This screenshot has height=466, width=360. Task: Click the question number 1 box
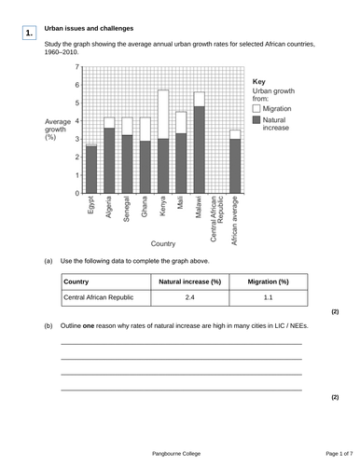30,34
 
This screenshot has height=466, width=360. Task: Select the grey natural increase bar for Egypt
91,170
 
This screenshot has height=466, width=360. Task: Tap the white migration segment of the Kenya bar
163,115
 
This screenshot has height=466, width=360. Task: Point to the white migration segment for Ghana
145,129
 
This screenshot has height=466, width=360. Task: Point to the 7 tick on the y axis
76,67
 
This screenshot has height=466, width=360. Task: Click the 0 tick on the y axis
76,194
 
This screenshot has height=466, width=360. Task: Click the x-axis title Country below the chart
163,243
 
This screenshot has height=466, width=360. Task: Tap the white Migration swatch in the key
256,109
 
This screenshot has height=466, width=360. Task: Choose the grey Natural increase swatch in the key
256,121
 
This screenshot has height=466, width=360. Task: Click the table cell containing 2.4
189,298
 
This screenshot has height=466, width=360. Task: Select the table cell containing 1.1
268,298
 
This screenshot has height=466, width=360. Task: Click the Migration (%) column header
268,281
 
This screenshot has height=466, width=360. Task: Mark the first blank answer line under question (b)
181,345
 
